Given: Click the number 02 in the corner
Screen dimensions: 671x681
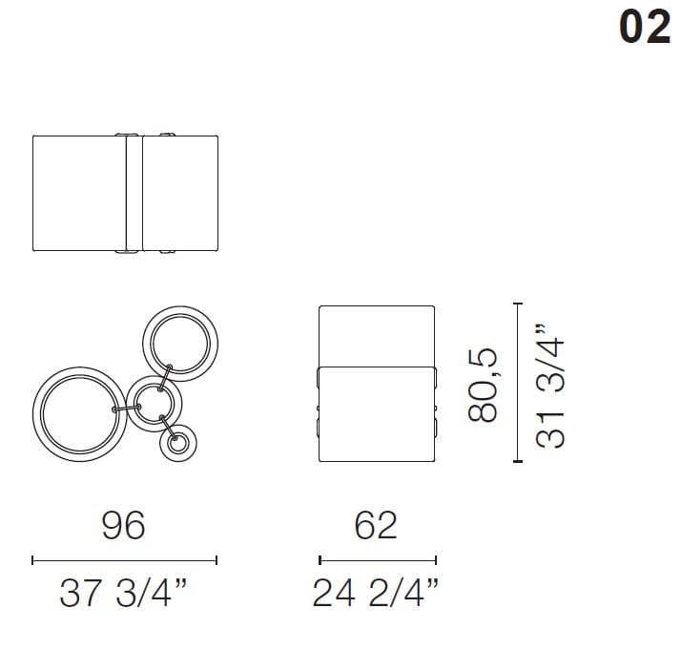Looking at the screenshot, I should pyautogui.click(x=645, y=28).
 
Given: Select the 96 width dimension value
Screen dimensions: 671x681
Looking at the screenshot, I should pyautogui.click(x=125, y=525).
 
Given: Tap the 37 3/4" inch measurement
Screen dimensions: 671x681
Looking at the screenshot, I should pyautogui.click(x=123, y=595).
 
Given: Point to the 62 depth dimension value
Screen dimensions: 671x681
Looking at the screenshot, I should pyautogui.click(x=376, y=525).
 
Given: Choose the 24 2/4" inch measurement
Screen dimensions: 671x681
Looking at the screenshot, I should pyautogui.click(x=376, y=595).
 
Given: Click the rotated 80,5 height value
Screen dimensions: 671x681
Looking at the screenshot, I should pyautogui.click(x=484, y=384).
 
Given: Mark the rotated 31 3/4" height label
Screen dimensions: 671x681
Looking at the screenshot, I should pyautogui.click(x=550, y=383).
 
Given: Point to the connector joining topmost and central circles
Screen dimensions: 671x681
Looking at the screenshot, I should pyautogui.click(x=166, y=375).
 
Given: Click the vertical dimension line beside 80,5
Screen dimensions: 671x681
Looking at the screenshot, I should pyautogui.click(x=518, y=383).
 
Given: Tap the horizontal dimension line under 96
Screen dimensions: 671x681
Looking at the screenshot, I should pyautogui.click(x=125, y=560).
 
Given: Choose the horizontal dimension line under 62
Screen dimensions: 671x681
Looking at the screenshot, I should pyautogui.click(x=377, y=560).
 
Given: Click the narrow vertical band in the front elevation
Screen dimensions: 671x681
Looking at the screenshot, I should pyautogui.click(x=134, y=194).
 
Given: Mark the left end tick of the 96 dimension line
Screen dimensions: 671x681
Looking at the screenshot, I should pyautogui.click(x=33, y=560).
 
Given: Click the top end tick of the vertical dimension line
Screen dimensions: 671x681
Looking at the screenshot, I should pyautogui.click(x=518, y=304).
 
